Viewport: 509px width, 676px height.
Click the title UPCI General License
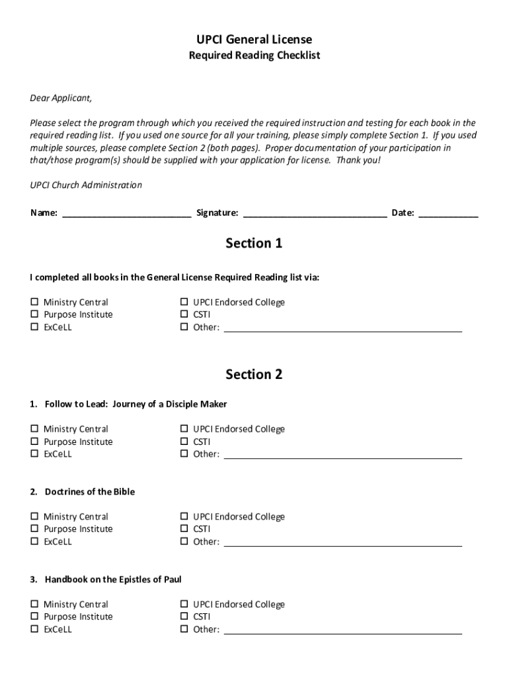[x=254, y=40]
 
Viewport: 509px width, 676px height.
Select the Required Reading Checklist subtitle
[x=254, y=56]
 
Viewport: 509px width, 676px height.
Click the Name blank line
[x=126, y=213]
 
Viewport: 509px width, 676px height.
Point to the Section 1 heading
[x=254, y=244]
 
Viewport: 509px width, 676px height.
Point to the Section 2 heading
[x=254, y=374]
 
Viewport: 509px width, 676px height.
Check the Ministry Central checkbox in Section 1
[x=34, y=302]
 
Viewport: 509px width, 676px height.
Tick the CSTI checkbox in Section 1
[x=184, y=315]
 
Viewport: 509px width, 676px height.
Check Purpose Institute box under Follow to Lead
[x=34, y=442]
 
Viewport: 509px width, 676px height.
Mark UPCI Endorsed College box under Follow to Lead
[x=184, y=429]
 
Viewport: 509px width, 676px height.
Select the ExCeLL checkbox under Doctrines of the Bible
[x=34, y=542]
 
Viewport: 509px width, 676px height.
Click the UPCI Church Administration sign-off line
[x=86, y=186]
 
